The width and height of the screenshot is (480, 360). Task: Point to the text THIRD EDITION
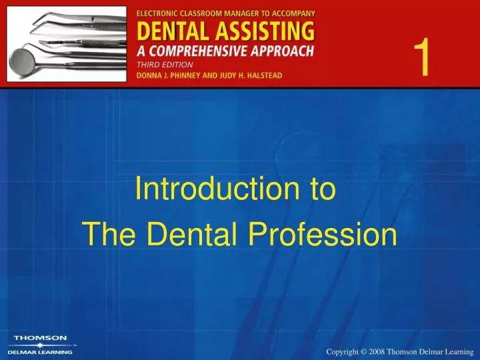click(x=165, y=64)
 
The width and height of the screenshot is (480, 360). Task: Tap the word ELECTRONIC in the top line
click(x=160, y=13)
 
